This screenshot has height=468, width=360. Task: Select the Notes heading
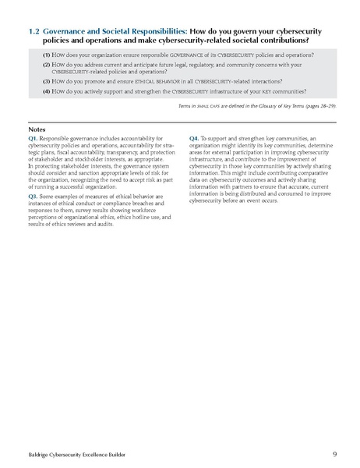click(36, 129)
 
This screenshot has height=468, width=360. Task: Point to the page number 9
click(334, 452)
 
